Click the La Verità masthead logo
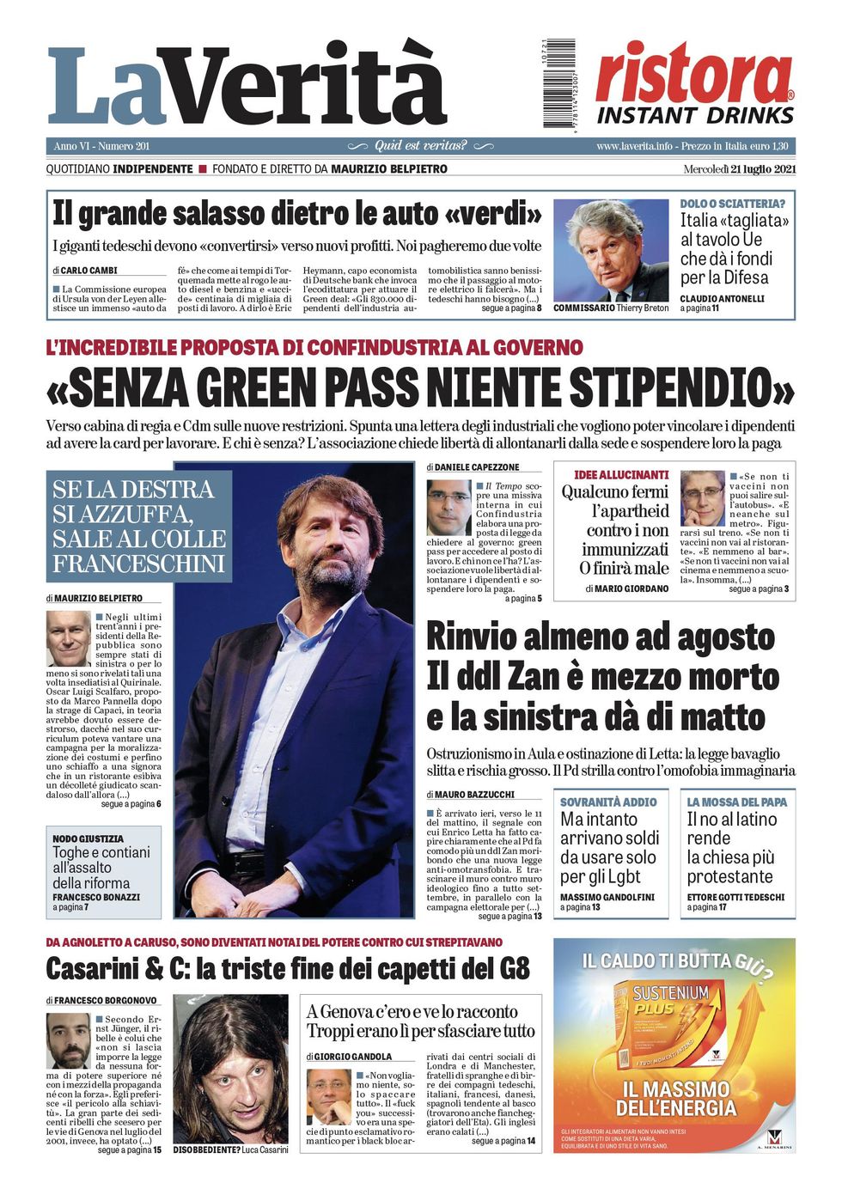click(247, 86)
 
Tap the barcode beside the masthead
click(559, 84)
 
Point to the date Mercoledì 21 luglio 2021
click(739, 169)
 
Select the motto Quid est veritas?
click(421, 146)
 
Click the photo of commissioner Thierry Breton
click(611, 250)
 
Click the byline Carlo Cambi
click(88, 271)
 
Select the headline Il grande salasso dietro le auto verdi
click(297, 213)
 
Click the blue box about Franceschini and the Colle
click(138, 526)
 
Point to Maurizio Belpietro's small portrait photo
click(68, 638)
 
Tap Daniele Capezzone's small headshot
click(448, 508)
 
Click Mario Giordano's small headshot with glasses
click(702, 498)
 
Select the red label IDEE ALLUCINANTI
click(621, 475)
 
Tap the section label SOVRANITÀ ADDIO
click(608, 802)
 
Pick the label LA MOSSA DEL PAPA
click(736, 802)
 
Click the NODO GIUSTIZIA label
click(88, 838)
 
